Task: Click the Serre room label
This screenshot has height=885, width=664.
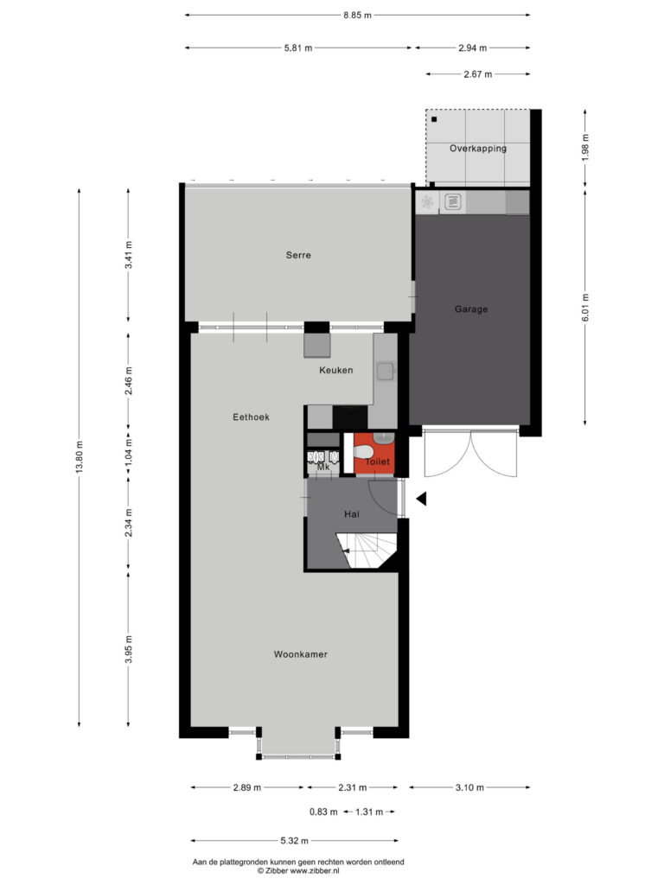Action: pos(298,255)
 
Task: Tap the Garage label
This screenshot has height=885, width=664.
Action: pos(471,309)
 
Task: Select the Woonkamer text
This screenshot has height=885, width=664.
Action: pos(300,654)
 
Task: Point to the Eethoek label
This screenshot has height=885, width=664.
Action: pos(251,417)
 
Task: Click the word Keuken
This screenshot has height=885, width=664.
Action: pos(336,370)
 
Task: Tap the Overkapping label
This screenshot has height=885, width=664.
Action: pos(477,149)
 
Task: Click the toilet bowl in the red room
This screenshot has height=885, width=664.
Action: pos(363,452)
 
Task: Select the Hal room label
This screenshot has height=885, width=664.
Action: pos(352,514)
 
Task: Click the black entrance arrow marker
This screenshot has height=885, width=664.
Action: pos(421,499)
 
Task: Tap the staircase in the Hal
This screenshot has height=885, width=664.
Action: pos(367,551)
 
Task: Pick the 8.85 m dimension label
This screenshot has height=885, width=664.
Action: pos(357,16)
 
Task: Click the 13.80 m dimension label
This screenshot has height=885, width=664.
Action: pos(79,457)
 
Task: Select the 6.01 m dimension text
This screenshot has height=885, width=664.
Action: pos(585,309)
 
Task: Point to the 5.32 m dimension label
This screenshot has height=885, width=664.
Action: pos(295,841)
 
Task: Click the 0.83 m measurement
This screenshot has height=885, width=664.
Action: pos(323,812)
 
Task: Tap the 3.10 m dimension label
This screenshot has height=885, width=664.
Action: pos(469,787)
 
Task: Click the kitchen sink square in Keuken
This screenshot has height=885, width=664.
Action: pos(386,372)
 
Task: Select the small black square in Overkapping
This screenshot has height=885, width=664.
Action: pos(434,119)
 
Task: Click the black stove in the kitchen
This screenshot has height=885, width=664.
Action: pos(350,417)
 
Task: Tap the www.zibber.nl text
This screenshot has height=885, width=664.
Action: pos(315,871)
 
